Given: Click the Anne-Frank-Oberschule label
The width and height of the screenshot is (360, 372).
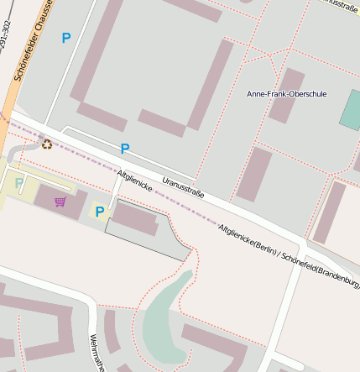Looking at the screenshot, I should click(x=286, y=94).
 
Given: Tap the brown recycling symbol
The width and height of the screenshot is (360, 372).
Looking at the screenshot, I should click(x=46, y=144).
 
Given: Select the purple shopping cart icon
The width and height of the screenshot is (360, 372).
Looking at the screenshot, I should click(x=60, y=202).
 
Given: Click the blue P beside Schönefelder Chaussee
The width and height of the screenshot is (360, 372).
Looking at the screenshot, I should click(x=66, y=38).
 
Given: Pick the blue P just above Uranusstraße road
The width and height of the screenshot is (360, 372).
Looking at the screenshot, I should click(x=125, y=149).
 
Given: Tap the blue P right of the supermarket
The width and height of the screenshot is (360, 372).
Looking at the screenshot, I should click(x=100, y=212).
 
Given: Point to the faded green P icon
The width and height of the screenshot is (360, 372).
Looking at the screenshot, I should click(x=19, y=182).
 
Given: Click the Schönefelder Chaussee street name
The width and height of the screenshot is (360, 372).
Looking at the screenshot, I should click(x=29, y=42).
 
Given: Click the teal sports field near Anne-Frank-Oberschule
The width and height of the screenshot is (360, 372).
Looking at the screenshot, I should click(x=352, y=108).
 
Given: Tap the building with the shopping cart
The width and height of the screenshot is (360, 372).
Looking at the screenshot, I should click(x=60, y=202).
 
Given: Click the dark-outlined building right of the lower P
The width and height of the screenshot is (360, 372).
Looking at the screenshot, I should click(x=134, y=219).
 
